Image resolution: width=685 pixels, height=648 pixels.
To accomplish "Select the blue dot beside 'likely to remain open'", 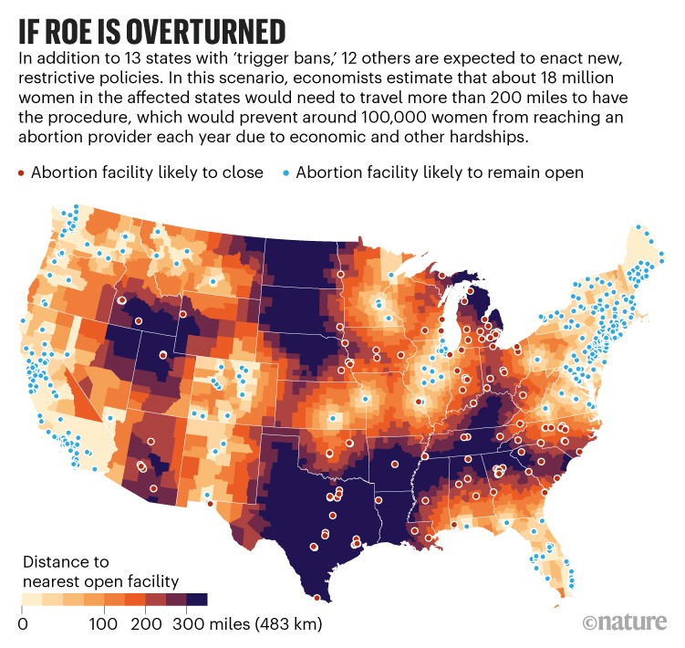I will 287,172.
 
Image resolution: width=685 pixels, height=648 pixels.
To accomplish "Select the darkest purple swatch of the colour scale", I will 197,600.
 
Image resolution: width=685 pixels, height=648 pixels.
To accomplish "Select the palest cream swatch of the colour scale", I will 34,600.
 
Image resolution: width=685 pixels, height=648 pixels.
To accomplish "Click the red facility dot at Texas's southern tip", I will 317,598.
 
